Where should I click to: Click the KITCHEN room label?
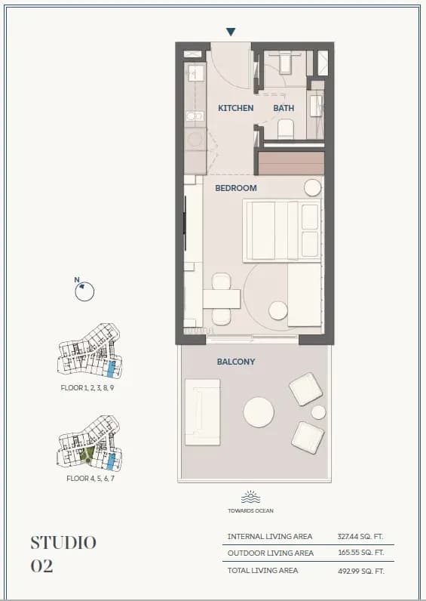236,108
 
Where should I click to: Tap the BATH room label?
283,108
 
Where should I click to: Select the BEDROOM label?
236,188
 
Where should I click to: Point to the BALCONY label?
236,362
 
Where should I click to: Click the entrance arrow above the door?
231,32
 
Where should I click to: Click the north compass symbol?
84,291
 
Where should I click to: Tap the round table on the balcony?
258,413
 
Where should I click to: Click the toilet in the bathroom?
286,130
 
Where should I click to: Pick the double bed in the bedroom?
281,231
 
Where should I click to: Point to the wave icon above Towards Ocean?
250,497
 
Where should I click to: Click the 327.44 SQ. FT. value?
360,537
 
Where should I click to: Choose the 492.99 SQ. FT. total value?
360,571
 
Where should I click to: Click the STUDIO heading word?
63,542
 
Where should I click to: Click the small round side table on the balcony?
318,412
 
